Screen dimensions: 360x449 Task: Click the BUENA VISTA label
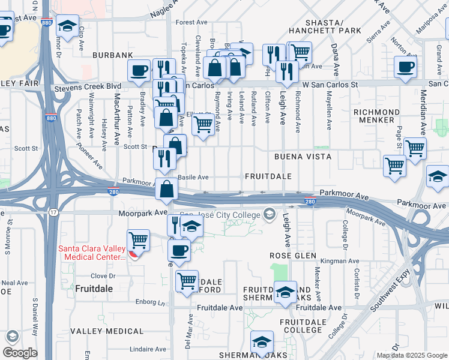303,157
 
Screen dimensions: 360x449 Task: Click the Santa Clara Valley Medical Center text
92,253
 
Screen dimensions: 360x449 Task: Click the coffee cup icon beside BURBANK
139,70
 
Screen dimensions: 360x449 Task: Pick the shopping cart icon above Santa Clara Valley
139,240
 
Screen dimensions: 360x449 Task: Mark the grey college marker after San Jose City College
269,214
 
